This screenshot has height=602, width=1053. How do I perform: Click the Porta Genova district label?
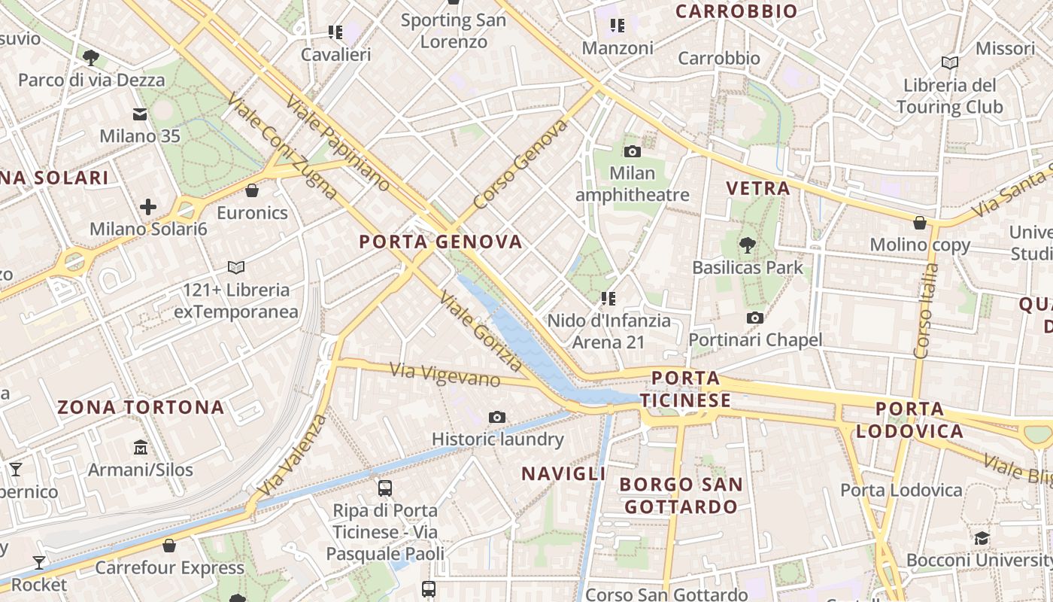tap(441, 242)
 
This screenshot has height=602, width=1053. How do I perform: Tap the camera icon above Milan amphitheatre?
tap(632, 151)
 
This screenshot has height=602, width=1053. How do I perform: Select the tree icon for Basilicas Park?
tap(747, 245)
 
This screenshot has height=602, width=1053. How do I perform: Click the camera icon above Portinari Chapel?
tap(755, 318)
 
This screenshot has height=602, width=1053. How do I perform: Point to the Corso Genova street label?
tap(521, 164)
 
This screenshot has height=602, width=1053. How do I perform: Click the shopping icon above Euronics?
tap(252, 190)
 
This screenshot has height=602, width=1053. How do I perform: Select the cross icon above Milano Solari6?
tap(148, 206)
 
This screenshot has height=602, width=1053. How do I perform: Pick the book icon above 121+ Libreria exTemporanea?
tap(236, 267)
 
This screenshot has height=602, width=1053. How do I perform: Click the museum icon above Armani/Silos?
tap(141, 448)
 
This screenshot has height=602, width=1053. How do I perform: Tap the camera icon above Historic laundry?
tap(497, 417)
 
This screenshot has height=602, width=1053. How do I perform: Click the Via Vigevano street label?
tap(445, 374)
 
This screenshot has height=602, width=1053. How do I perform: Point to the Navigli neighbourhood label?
tap(564, 473)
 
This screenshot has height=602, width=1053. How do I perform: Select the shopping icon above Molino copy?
tap(919, 223)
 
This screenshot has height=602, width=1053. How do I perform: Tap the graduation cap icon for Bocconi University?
tap(982, 538)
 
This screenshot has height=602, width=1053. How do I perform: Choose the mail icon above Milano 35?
tap(140, 114)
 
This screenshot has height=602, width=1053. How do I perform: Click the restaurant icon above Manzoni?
tap(618, 26)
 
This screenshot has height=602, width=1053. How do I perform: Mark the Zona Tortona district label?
tap(141, 408)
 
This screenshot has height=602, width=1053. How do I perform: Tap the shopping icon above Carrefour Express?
tap(169, 546)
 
